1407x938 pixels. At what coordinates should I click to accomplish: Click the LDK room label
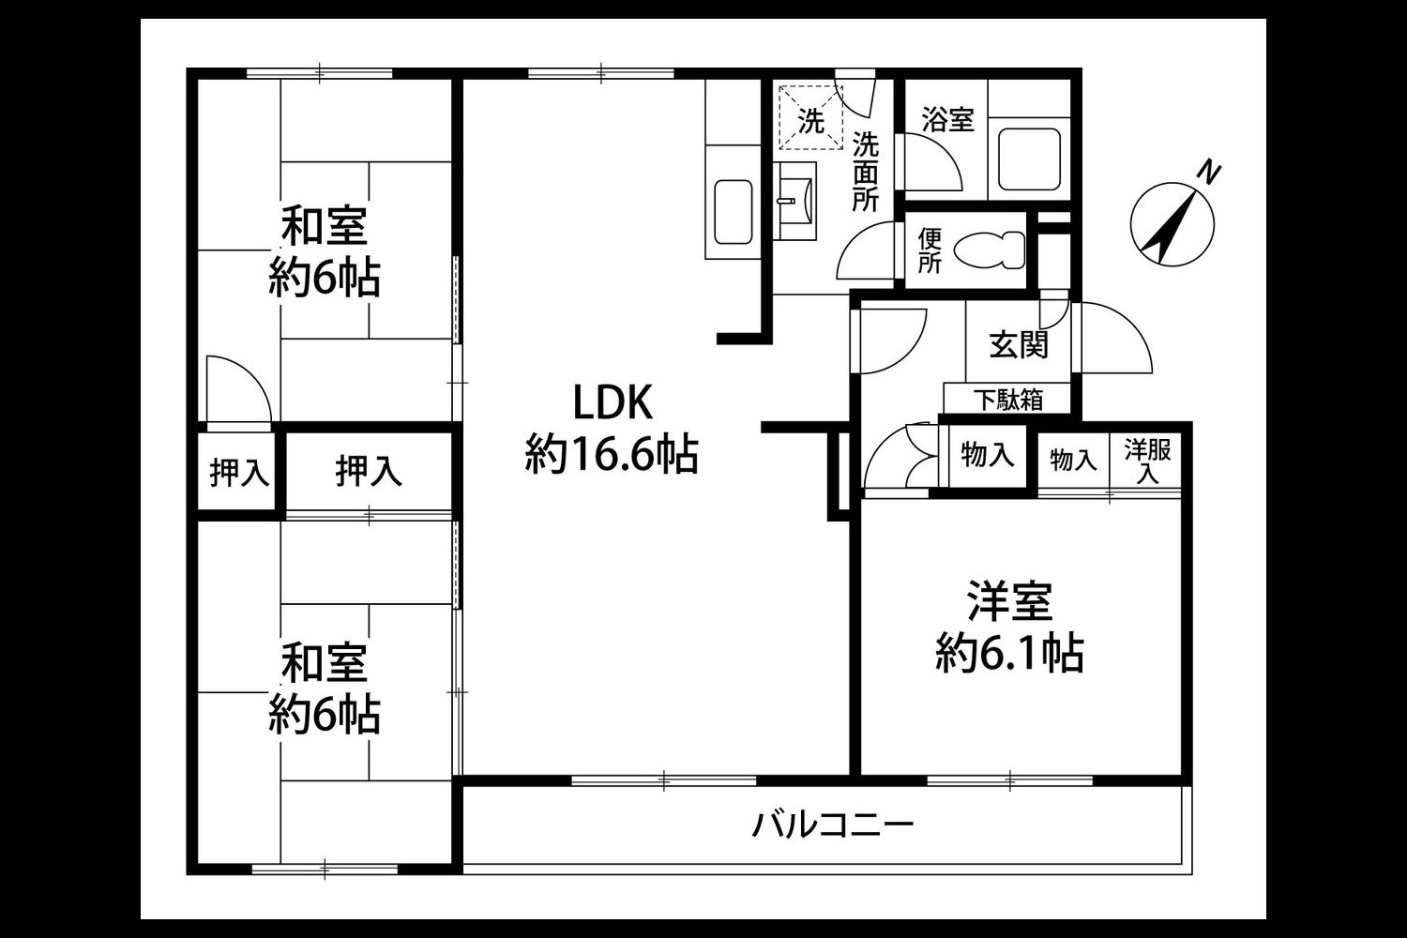tap(613, 402)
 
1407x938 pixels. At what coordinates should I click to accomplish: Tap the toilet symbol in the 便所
tap(989, 250)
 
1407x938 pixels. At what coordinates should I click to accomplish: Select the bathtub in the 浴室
tap(1029, 159)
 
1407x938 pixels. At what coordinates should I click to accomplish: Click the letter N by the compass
tap(1209, 172)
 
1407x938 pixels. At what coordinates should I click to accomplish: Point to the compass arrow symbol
tap(1172, 224)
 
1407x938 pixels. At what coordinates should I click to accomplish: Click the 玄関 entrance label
tap(1019, 344)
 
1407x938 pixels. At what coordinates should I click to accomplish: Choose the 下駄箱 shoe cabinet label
tap(1009, 400)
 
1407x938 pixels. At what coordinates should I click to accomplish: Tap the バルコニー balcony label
tap(833, 825)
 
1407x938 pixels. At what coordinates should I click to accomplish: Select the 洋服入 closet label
tap(1147, 461)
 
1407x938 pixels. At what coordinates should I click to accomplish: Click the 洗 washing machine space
tap(811, 118)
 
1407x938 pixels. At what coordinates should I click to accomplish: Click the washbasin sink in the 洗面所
tap(794, 201)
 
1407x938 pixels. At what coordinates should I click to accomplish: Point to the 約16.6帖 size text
tap(612, 454)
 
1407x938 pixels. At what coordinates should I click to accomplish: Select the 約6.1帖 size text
tap(1010, 654)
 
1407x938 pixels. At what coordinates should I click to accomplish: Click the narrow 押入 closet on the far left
tap(239, 473)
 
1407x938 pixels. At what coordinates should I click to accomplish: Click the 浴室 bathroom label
tap(947, 119)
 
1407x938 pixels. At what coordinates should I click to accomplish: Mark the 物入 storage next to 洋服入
tap(1073, 460)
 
